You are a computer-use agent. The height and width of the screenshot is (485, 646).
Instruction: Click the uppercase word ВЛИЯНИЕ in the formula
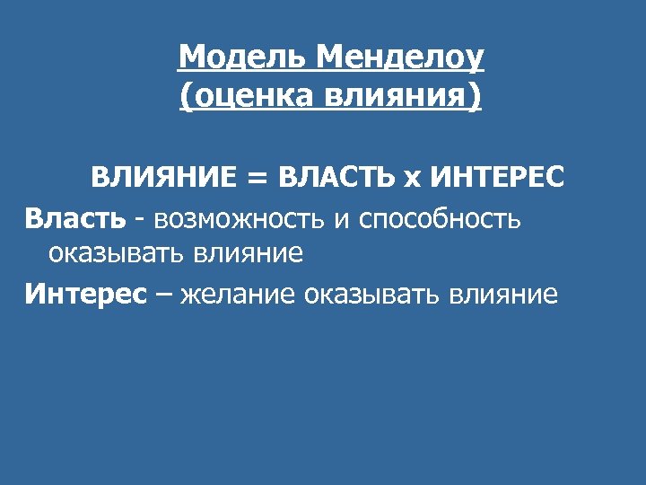coord(162,177)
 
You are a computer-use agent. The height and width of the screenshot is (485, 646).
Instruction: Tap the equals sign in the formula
coord(255,178)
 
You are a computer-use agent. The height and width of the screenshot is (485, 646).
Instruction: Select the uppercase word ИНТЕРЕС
coord(497,177)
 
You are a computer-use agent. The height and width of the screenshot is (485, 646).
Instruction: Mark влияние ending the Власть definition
coord(248,254)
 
